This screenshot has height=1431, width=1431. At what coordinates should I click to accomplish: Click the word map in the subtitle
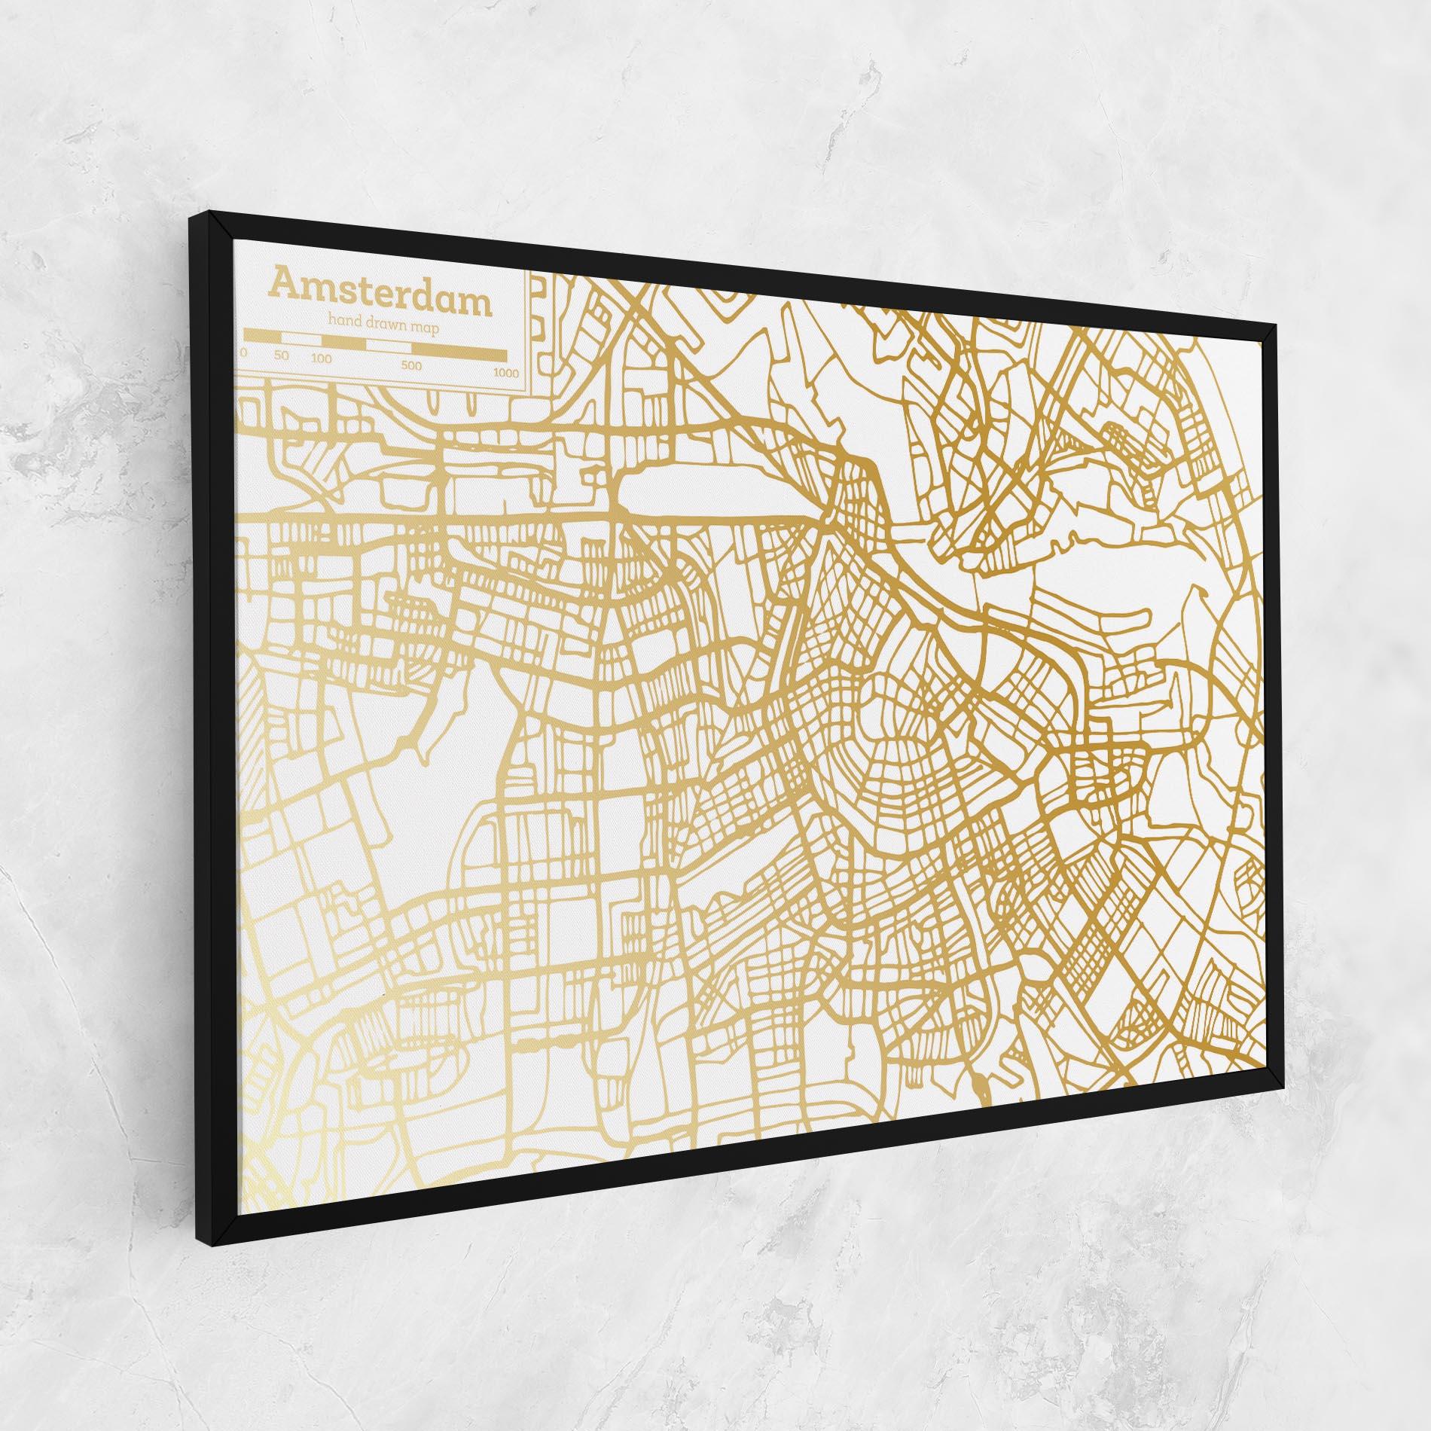[426, 328]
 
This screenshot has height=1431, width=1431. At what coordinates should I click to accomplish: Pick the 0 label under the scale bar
[244, 352]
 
